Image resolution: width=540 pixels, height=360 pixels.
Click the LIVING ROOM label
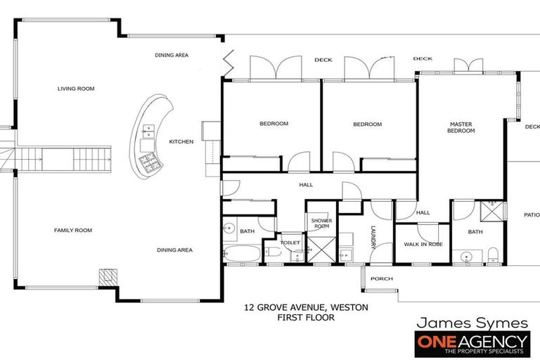coord(76,89)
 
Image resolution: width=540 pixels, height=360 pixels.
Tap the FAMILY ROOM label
coord(73,230)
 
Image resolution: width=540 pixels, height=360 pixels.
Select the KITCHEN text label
coord(181,141)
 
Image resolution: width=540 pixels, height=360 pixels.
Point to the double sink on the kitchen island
coord(148,129)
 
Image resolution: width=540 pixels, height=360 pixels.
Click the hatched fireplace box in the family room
coord(107,277)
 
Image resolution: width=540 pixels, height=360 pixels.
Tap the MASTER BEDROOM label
coord(461,127)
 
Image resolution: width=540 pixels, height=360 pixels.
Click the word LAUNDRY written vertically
coord(373,236)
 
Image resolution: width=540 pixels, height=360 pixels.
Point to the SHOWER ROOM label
coord(321,223)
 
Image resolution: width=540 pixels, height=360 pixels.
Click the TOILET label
coord(290,243)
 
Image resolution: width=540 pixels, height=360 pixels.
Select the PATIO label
coord(531,215)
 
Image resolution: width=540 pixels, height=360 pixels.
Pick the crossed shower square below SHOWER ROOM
coord(321,248)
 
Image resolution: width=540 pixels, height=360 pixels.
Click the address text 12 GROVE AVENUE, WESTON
coord(305,307)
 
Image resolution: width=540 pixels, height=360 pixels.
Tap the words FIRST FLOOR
coord(305,318)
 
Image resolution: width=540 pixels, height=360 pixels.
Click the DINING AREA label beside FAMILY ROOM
coord(174,250)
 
